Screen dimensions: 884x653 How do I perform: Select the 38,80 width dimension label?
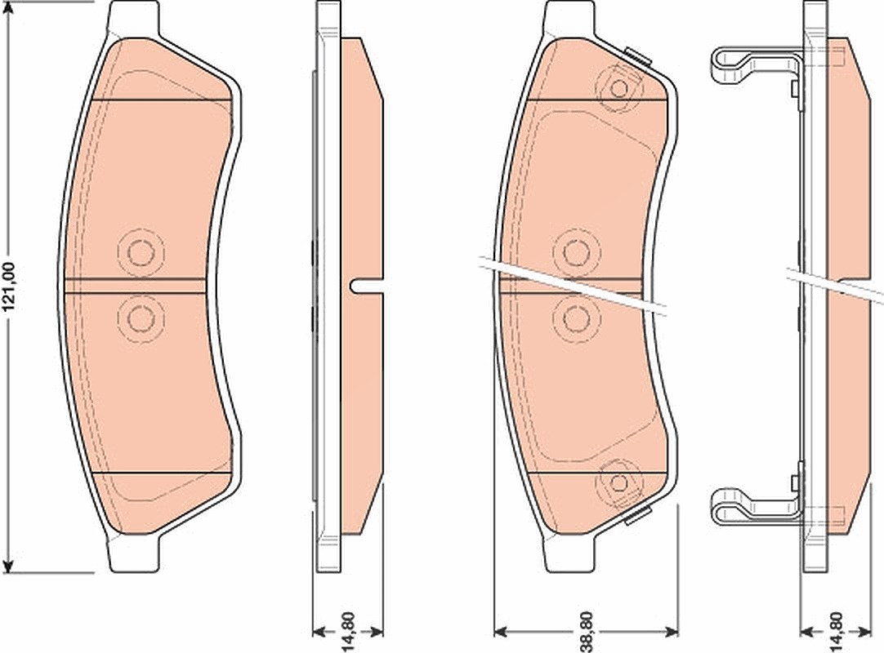(x=587, y=632)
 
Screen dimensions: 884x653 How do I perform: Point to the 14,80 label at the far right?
(x=837, y=632)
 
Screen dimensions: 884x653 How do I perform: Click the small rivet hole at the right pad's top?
(x=619, y=88)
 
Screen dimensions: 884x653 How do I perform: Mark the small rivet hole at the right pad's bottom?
(x=619, y=483)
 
